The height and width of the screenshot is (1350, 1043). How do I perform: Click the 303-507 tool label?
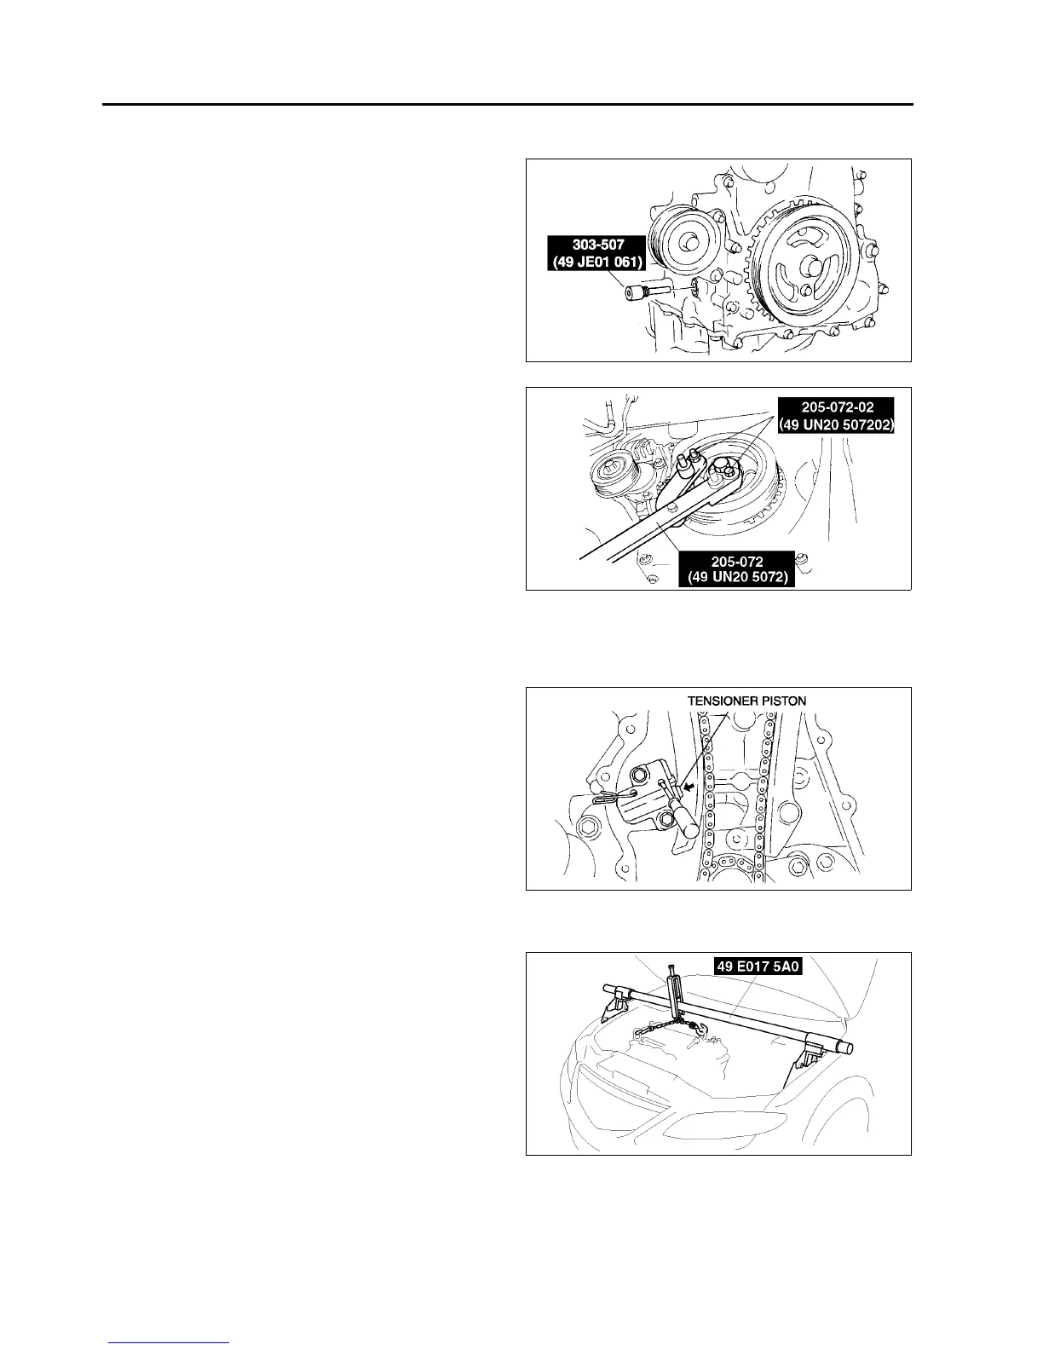(x=597, y=254)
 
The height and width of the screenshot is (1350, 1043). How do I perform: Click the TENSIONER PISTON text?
(x=746, y=700)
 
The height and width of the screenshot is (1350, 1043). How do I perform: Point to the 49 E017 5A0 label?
(x=770, y=966)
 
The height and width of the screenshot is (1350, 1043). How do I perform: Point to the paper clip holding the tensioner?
(x=606, y=798)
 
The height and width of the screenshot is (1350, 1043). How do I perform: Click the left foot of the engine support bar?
(x=611, y=1009)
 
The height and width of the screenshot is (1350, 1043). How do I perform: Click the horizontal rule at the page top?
(x=508, y=105)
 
